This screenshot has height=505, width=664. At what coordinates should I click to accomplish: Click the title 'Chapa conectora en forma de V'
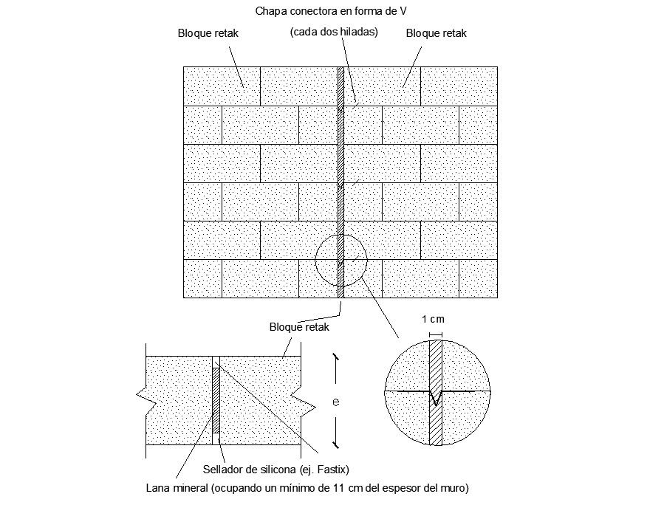pos(332,11)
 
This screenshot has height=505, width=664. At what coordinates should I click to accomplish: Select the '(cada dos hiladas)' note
pos(334,32)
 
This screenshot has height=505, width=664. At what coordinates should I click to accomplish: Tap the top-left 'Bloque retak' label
pos(208,33)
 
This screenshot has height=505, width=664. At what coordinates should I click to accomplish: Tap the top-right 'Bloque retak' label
pos(437,33)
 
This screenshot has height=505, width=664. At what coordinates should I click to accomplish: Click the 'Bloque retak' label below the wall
pos(299,326)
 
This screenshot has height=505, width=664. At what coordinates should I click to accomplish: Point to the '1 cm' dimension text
pos(433,320)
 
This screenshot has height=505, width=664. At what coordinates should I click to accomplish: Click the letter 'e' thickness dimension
pos(335,402)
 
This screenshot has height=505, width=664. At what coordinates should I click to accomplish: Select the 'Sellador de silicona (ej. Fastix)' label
pos(275,470)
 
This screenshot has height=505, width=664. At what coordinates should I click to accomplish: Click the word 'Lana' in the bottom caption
pos(159,488)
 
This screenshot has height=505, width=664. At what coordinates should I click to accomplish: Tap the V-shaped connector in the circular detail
pos(437,398)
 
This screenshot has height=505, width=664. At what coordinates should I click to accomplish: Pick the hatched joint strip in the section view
pos(216,399)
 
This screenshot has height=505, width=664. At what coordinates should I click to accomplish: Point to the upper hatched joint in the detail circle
pos(436,363)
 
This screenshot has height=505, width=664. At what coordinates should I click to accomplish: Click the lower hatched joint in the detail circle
pos(436,425)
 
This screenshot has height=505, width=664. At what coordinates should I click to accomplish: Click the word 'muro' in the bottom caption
pos(453,488)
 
